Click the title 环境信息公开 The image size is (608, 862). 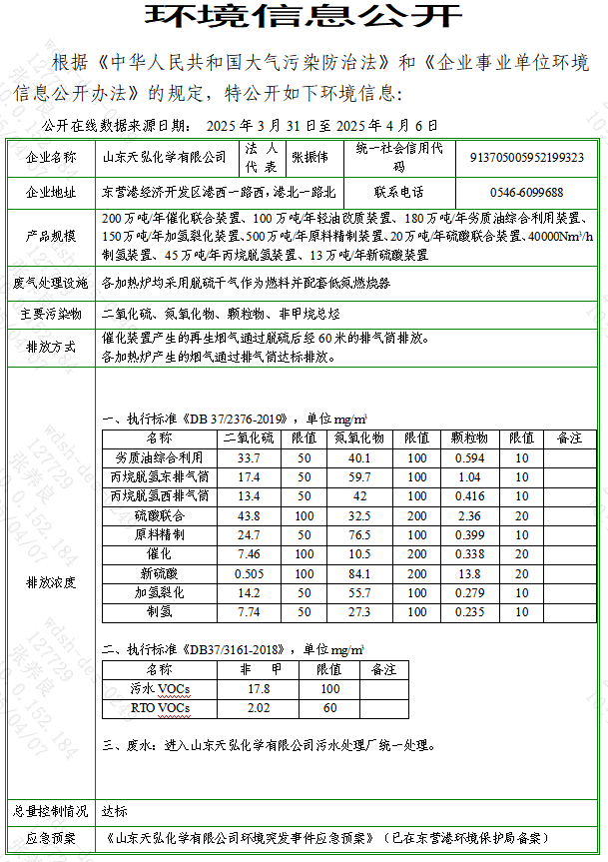point(304,17)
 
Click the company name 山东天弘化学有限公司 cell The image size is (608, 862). point(166,157)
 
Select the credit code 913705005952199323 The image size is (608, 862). point(527,157)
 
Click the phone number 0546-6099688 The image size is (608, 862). point(526,192)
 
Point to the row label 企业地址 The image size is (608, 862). point(51,192)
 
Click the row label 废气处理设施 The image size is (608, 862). point(51,283)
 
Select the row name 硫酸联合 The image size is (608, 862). point(160,515)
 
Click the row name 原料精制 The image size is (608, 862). point(160,534)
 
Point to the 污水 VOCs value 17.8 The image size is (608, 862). point(259,688)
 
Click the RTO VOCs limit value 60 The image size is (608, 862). point(328,708)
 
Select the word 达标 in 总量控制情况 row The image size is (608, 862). point(114,811)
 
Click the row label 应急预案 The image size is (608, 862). point(51,838)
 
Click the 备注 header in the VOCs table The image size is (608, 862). point(383,669)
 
